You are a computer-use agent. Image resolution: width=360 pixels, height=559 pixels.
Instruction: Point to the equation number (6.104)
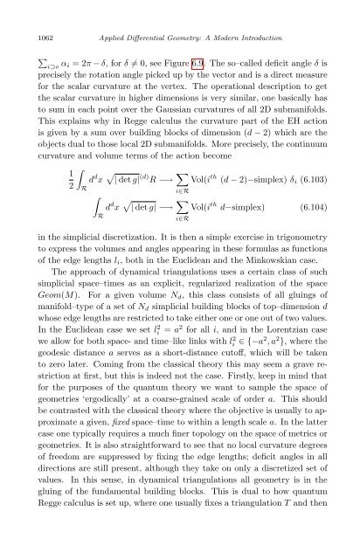301,231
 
